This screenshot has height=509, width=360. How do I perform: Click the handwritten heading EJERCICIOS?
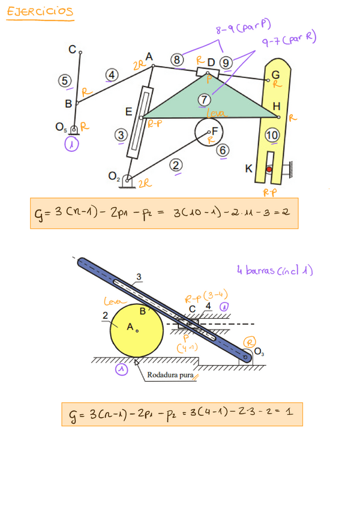(40, 12)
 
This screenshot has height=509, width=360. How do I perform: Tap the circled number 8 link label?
(176, 60)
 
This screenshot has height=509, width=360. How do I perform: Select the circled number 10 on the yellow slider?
(272, 136)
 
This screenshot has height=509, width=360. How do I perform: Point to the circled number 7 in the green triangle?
(205, 100)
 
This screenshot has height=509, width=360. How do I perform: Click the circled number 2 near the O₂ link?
(176, 165)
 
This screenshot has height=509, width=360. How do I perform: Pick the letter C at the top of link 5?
(72, 50)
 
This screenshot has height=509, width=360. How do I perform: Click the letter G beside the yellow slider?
(275, 74)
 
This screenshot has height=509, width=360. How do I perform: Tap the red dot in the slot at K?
(269, 170)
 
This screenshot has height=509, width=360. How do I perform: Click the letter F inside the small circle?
(214, 130)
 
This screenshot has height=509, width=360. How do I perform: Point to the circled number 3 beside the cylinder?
(121, 136)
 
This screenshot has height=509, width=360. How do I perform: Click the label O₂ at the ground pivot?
(114, 176)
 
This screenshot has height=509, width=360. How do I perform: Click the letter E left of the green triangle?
(128, 112)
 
